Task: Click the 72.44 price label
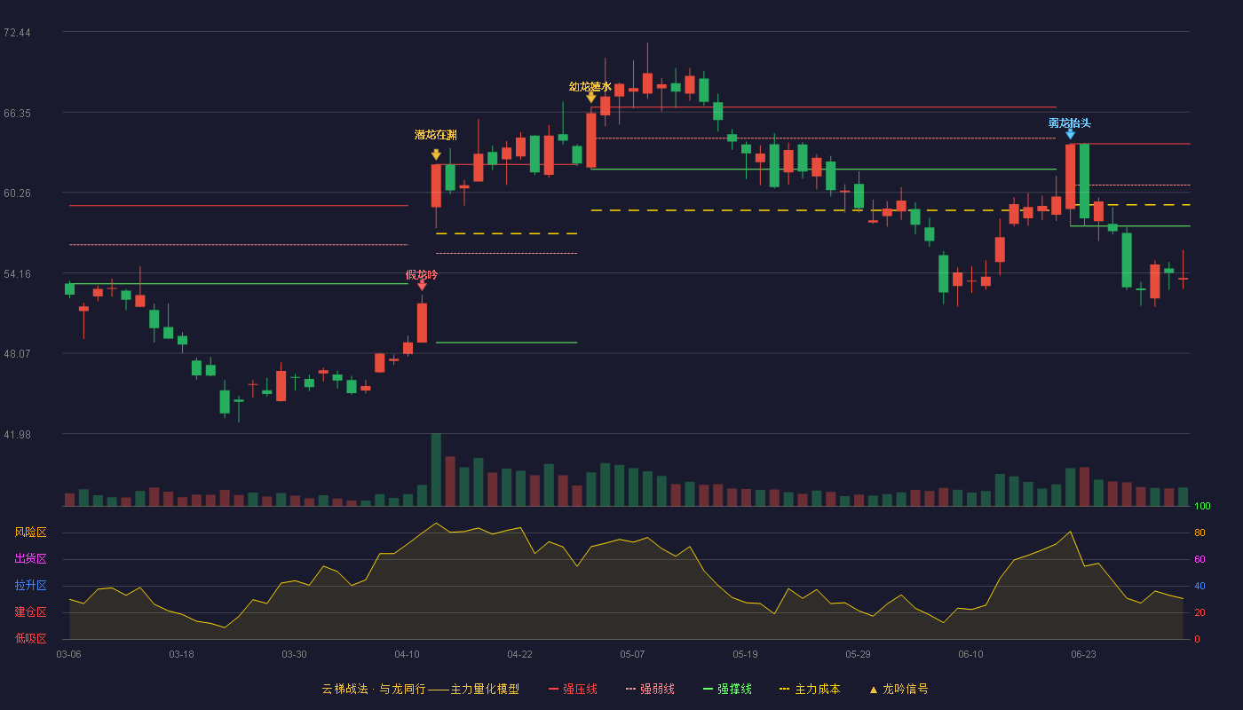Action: pos(17,33)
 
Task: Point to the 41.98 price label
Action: pos(17,435)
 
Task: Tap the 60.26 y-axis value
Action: pos(17,193)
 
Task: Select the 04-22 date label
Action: pos(519,655)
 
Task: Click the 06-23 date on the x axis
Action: pos(1083,655)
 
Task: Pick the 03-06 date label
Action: pos(69,655)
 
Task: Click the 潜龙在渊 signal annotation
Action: pos(436,135)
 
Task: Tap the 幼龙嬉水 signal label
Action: pos(590,87)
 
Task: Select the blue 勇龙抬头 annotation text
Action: pos(1070,123)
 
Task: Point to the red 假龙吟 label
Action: pos(422,275)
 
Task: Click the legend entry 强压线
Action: pos(574,690)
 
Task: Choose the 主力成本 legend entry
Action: pos(810,690)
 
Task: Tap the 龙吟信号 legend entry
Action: pos(899,690)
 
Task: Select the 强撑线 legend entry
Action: pos(727,690)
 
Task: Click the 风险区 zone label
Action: pos(30,532)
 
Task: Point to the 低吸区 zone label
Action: pos(30,639)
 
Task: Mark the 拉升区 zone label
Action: pos(30,586)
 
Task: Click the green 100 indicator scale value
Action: pos(1202,506)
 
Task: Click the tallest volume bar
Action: pos(436,469)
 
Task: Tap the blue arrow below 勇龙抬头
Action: pos(1070,134)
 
